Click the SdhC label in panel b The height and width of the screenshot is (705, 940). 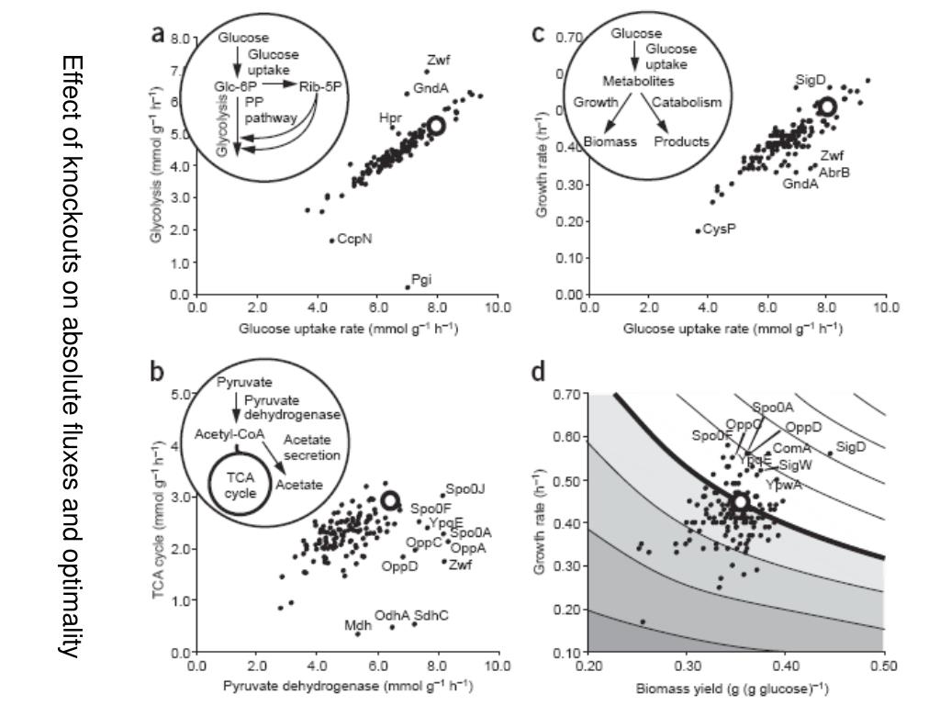431,615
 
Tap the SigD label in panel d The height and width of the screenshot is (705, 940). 852,446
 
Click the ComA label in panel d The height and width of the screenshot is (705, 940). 791,448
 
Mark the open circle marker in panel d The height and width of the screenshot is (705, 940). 740,502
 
